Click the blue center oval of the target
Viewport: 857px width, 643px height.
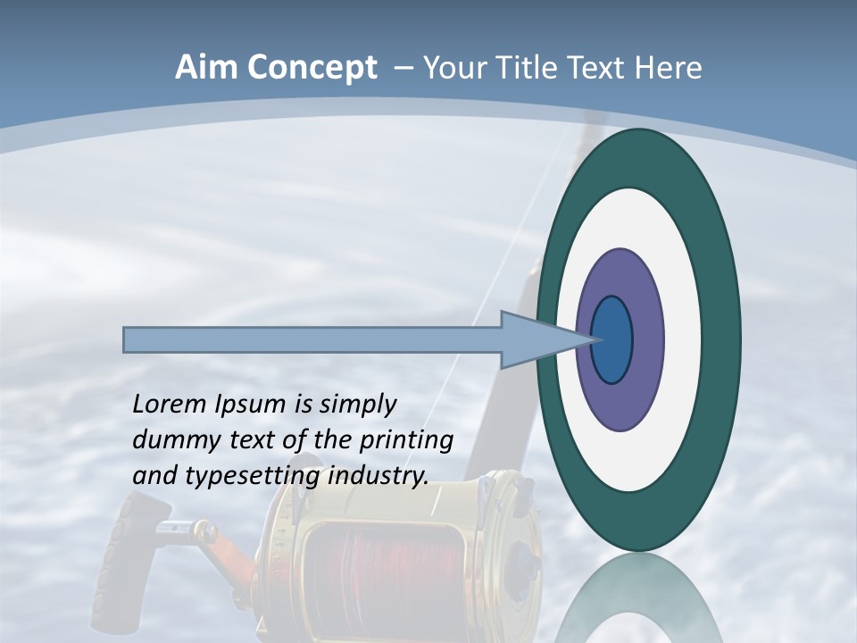[612, 340]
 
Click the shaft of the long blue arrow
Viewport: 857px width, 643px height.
[312, 340]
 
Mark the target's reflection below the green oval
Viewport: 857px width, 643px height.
[639, 603]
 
